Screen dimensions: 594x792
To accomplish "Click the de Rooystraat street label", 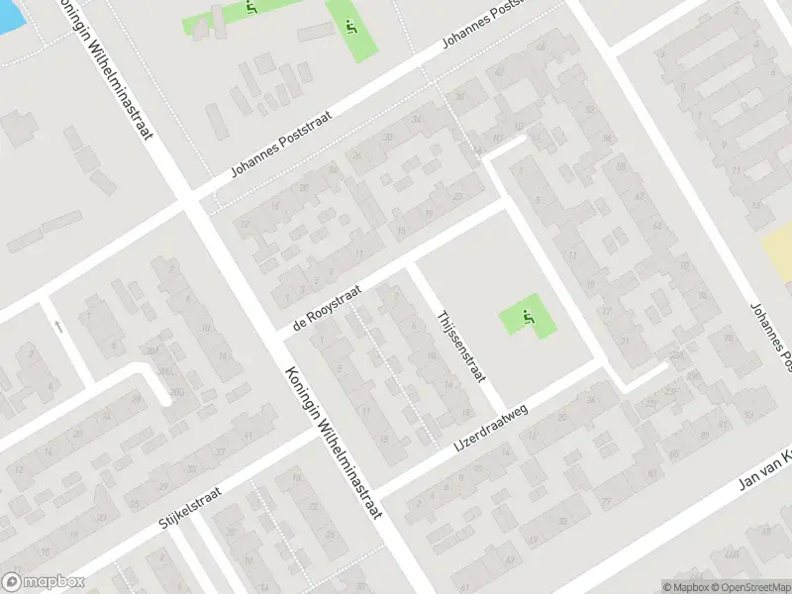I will tap(328, 308).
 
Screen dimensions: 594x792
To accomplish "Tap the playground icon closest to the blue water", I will tap(252, 9).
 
